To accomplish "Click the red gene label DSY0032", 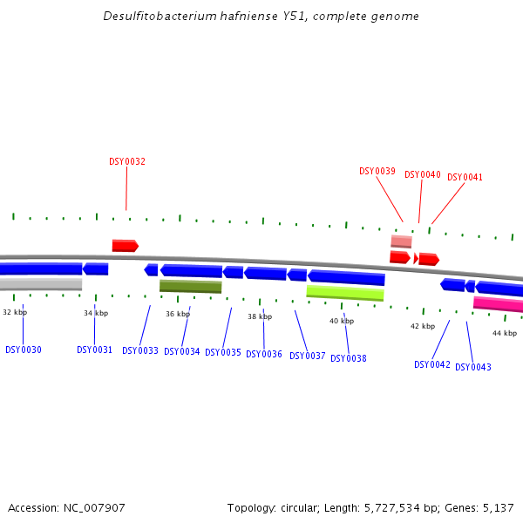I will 127,161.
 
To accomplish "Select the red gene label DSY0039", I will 377,171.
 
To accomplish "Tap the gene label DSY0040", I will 423,174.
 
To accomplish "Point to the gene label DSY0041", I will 465,177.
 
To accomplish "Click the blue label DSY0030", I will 24,350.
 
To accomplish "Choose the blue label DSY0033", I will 140,350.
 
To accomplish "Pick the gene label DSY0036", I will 264,354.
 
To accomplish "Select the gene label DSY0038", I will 349,358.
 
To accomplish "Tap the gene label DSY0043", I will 473,367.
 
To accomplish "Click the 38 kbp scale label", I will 260,316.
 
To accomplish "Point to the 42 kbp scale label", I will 423,326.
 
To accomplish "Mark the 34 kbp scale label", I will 96,313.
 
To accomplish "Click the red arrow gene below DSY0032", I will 125,246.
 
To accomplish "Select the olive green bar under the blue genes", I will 190,286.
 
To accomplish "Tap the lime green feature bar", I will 345,293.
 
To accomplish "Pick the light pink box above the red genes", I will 401,241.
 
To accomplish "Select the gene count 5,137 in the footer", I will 499,507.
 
